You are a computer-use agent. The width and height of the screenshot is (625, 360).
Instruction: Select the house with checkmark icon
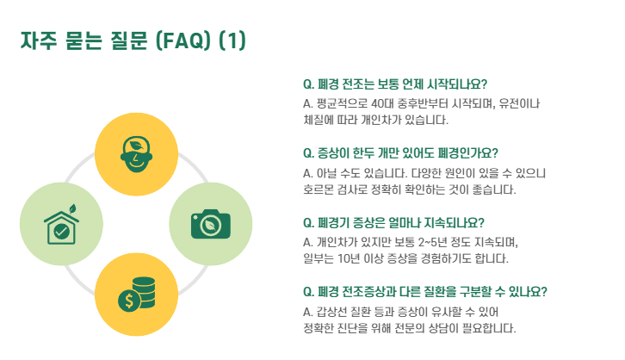58,226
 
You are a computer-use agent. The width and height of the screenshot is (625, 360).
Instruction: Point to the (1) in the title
232,40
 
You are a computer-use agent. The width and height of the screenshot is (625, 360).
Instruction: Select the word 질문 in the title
131,40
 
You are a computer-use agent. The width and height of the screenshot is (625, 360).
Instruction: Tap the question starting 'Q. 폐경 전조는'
395,84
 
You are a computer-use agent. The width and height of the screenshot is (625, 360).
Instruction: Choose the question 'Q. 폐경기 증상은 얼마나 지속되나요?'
393,221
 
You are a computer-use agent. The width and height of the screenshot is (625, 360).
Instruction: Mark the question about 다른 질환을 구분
425,290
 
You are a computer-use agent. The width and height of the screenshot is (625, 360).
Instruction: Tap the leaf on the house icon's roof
71,208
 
